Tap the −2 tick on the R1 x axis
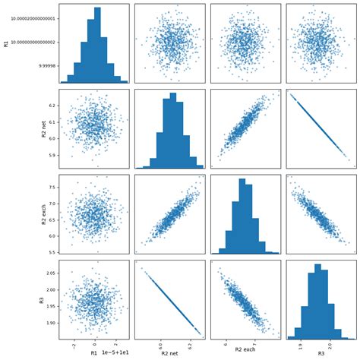coord(72,345)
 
